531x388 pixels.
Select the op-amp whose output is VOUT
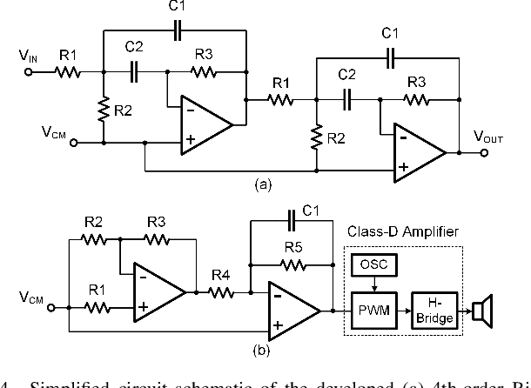tap(416, 151)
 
